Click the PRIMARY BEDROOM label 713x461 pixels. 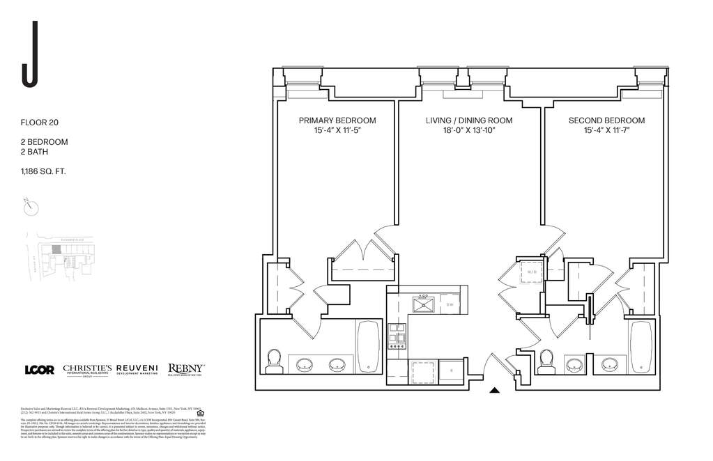(337, 120)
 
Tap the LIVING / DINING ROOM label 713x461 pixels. (468, 120)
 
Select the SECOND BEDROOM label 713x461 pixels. (606, 120)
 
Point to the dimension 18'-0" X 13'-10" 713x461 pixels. (468, 131)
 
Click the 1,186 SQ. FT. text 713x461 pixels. (44, 171)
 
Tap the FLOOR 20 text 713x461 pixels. (40, 123)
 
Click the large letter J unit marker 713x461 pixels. (29, 55)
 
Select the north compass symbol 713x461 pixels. (31, 207)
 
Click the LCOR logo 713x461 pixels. (39, 370)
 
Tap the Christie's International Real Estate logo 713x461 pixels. (87, 370)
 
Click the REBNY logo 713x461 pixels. (185, 370)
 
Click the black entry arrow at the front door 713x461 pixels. (495, 391)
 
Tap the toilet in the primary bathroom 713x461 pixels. (273, 361)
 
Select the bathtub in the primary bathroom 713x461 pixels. (368, 346)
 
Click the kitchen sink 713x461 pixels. (423, 304)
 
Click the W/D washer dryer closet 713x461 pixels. (532, 272)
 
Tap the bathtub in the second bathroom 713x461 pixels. (641, 346)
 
